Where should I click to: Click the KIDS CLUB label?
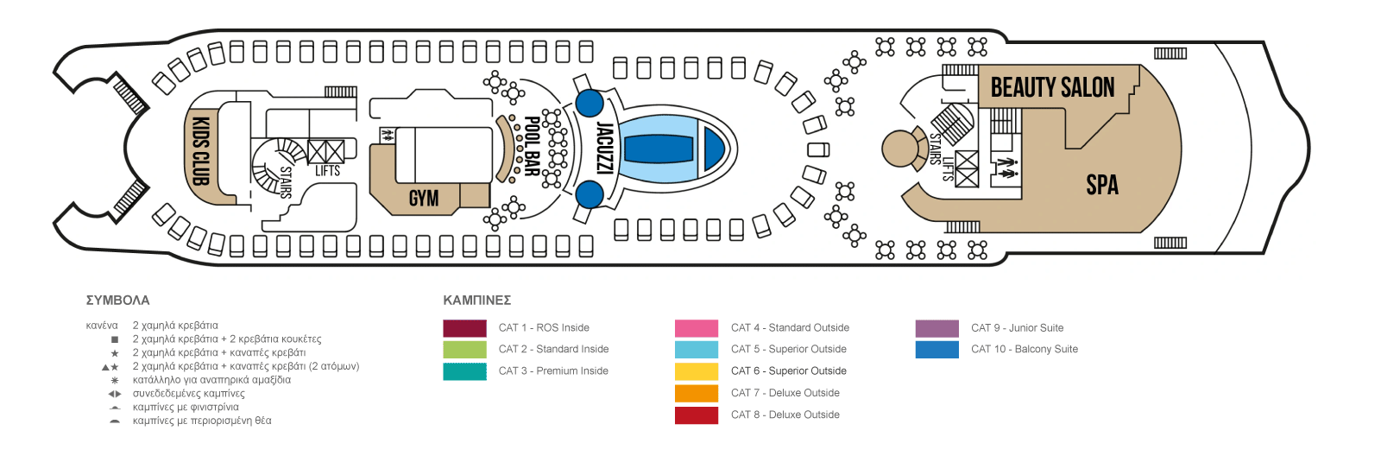tap(202, 151)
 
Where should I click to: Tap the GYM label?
tap(424, 198)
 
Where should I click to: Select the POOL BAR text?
tap(532, 146)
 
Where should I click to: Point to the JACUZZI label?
tap(605, 149)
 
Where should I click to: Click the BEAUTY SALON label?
tap(1052, 87)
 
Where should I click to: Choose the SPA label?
tap(1101, 185)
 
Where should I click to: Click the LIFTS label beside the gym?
tap(327, 171)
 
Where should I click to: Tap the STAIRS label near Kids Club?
tap(286, 182)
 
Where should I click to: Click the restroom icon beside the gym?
tap(388, 135)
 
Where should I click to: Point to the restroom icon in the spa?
tap(1007, 168)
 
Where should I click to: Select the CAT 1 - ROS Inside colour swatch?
tap(464, 328)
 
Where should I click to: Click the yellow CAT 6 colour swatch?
tap(696, 371)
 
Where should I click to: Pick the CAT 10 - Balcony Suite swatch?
tap(937, 350)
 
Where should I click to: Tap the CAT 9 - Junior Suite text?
tap(1018, 327)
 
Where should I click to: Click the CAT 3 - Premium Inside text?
tap(553, 370)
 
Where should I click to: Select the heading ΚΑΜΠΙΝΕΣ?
tap(477, 301)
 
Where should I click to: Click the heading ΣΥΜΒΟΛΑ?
tap(117, 301)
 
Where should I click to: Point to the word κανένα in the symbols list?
tap(102, 325)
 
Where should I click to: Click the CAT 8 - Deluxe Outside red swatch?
tap(696, 415)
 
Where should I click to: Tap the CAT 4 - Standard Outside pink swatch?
tap(696, 328)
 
